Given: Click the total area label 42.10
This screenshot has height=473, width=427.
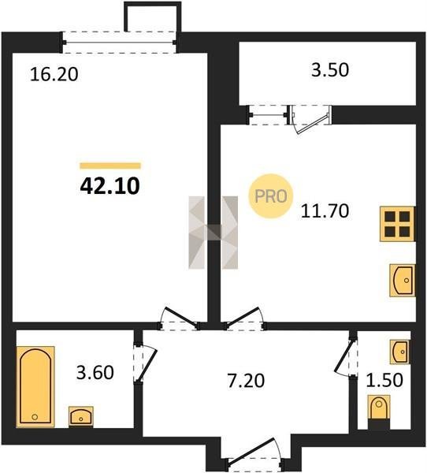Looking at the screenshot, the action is tap(110, 186).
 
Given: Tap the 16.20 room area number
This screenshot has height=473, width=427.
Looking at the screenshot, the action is tap(54, 75).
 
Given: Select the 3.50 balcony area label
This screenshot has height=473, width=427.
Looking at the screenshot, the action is tap(330, 69).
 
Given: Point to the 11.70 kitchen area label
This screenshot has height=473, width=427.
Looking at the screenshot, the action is tap(325, 210).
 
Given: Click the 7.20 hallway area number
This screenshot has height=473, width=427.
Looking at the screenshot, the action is tap(246, 381).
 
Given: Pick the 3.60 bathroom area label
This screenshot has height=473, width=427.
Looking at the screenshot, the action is tap(95, 372).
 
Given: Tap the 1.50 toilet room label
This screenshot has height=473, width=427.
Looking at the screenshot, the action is tap(384, 380).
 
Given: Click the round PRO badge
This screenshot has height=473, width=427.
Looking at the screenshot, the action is tap(270, 196).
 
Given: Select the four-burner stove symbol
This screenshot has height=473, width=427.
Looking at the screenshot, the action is tap(397, 224).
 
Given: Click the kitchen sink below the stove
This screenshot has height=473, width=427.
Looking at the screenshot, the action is tap(403, 280).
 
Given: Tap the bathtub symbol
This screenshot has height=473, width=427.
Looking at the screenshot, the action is tap(35, 386).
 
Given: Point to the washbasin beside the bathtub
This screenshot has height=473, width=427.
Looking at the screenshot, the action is tap(81, 416).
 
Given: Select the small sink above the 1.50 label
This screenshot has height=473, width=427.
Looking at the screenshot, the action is tap(400, 352).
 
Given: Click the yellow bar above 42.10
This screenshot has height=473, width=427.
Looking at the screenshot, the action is tap(110, 166).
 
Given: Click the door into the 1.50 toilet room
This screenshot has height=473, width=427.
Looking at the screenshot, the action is tap(346, 357).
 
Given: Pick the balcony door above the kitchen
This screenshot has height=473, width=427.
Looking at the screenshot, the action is tap(310, 119).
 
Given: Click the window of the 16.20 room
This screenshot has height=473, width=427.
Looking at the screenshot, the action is tap(120, 43).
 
